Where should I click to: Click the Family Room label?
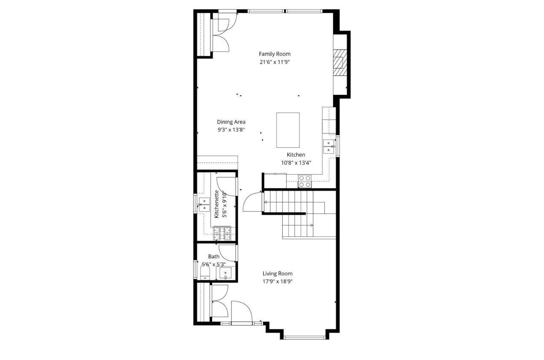pyautogui.click(x=275, y=54)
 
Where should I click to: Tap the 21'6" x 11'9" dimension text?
pyautogui.click(x=275, y=62)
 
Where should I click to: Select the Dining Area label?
pyautogui.click(x=231, y=122)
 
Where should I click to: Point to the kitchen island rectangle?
pyautogui.click(x=288, y=130)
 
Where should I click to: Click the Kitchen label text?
pyautogui.click(x=296, y=155)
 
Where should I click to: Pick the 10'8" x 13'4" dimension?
pyautogui.click(x=296, y=162)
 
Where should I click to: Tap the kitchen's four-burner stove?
pyautogui.click(x=305, y=181)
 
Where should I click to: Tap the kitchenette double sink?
pyautogui.click(x=204, y=204)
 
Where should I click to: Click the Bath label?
pyautogui.click(x=214, y=257)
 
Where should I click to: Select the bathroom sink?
pyautogui.click(x=226, y=273)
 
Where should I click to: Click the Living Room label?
pyautogui.click(x=277, y=273)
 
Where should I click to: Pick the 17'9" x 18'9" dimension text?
pyautogui.click(x=277, y=282)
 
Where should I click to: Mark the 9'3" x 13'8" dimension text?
pyautogui.click(x=231, y=130)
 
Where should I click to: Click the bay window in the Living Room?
pyautogui.click(x=304, y=337)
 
